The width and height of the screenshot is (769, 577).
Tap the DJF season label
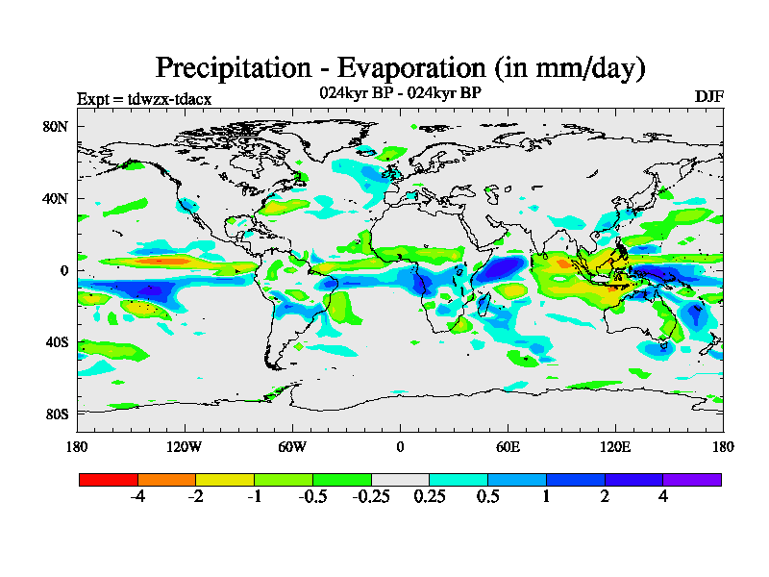(x=708, y=97)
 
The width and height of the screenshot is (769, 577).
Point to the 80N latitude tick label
(x=54, y=126)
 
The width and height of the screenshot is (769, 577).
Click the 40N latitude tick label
(x=54, y=198)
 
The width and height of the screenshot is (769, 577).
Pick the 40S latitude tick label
(x=54, y=342)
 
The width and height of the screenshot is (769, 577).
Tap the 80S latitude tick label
(x=54, y=414)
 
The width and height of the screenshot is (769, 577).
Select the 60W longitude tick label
(x=292, y=446)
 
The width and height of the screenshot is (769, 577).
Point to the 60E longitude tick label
(x=508, y=446)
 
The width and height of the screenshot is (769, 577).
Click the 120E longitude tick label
(x=615, y=446)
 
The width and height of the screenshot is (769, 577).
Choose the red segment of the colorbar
(x=109, y=479)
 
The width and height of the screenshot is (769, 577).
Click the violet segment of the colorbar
(x=692, y=479)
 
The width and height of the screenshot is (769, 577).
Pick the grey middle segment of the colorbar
(x=400, y=479)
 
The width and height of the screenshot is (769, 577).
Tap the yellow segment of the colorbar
(x=225, y=479)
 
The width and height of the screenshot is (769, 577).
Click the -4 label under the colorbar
(x=137, y=497)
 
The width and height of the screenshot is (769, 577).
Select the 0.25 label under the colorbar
(x=430, y=497)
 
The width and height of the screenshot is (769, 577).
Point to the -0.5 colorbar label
(x=311, y=497)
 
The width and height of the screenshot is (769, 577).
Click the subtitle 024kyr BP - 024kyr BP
(x=400, y=92)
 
